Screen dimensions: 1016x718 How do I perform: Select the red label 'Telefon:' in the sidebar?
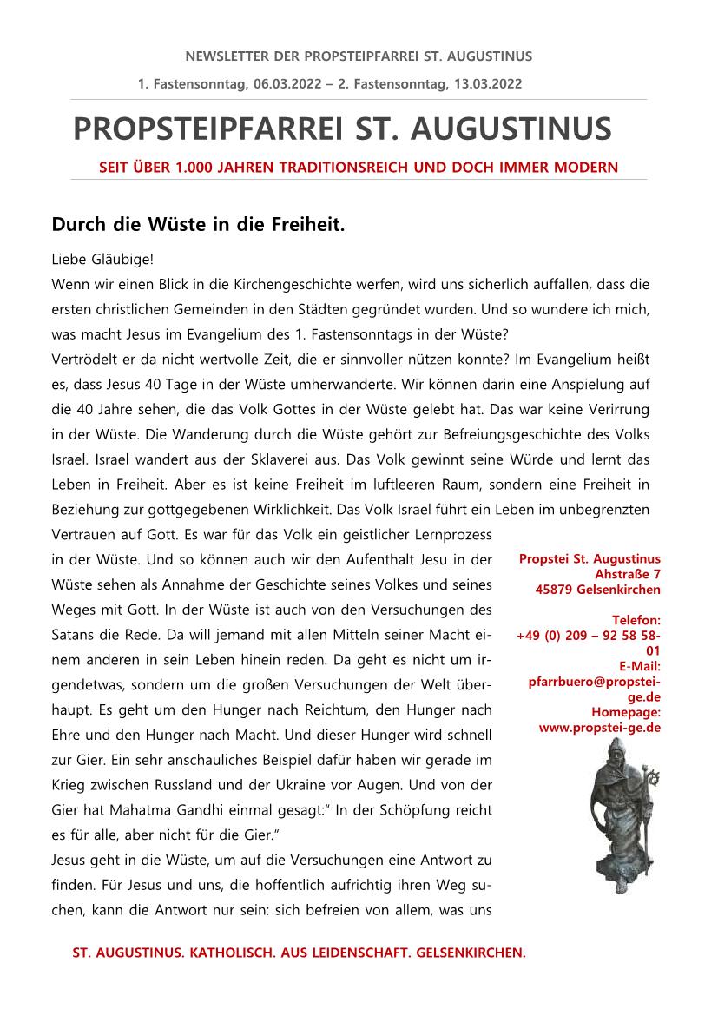click(x=636, y=620)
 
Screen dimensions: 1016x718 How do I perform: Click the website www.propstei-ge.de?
click(x=600, y=728)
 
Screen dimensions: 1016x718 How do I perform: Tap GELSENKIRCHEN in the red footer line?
click(x=471, y=953)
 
